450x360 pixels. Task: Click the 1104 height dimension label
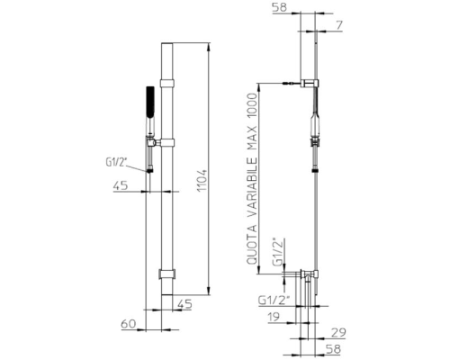pos(202,181)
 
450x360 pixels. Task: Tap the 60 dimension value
pos(129,324)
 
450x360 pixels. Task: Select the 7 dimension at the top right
pos(339,25)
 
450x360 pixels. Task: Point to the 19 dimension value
pos(273,317)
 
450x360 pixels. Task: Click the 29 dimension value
pos(338,333)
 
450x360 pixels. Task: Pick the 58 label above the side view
pos(279,7)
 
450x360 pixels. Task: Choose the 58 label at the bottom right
pos(333,349)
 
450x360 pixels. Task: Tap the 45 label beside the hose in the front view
pos(121,185)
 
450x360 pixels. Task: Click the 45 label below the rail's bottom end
pos(184,304)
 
